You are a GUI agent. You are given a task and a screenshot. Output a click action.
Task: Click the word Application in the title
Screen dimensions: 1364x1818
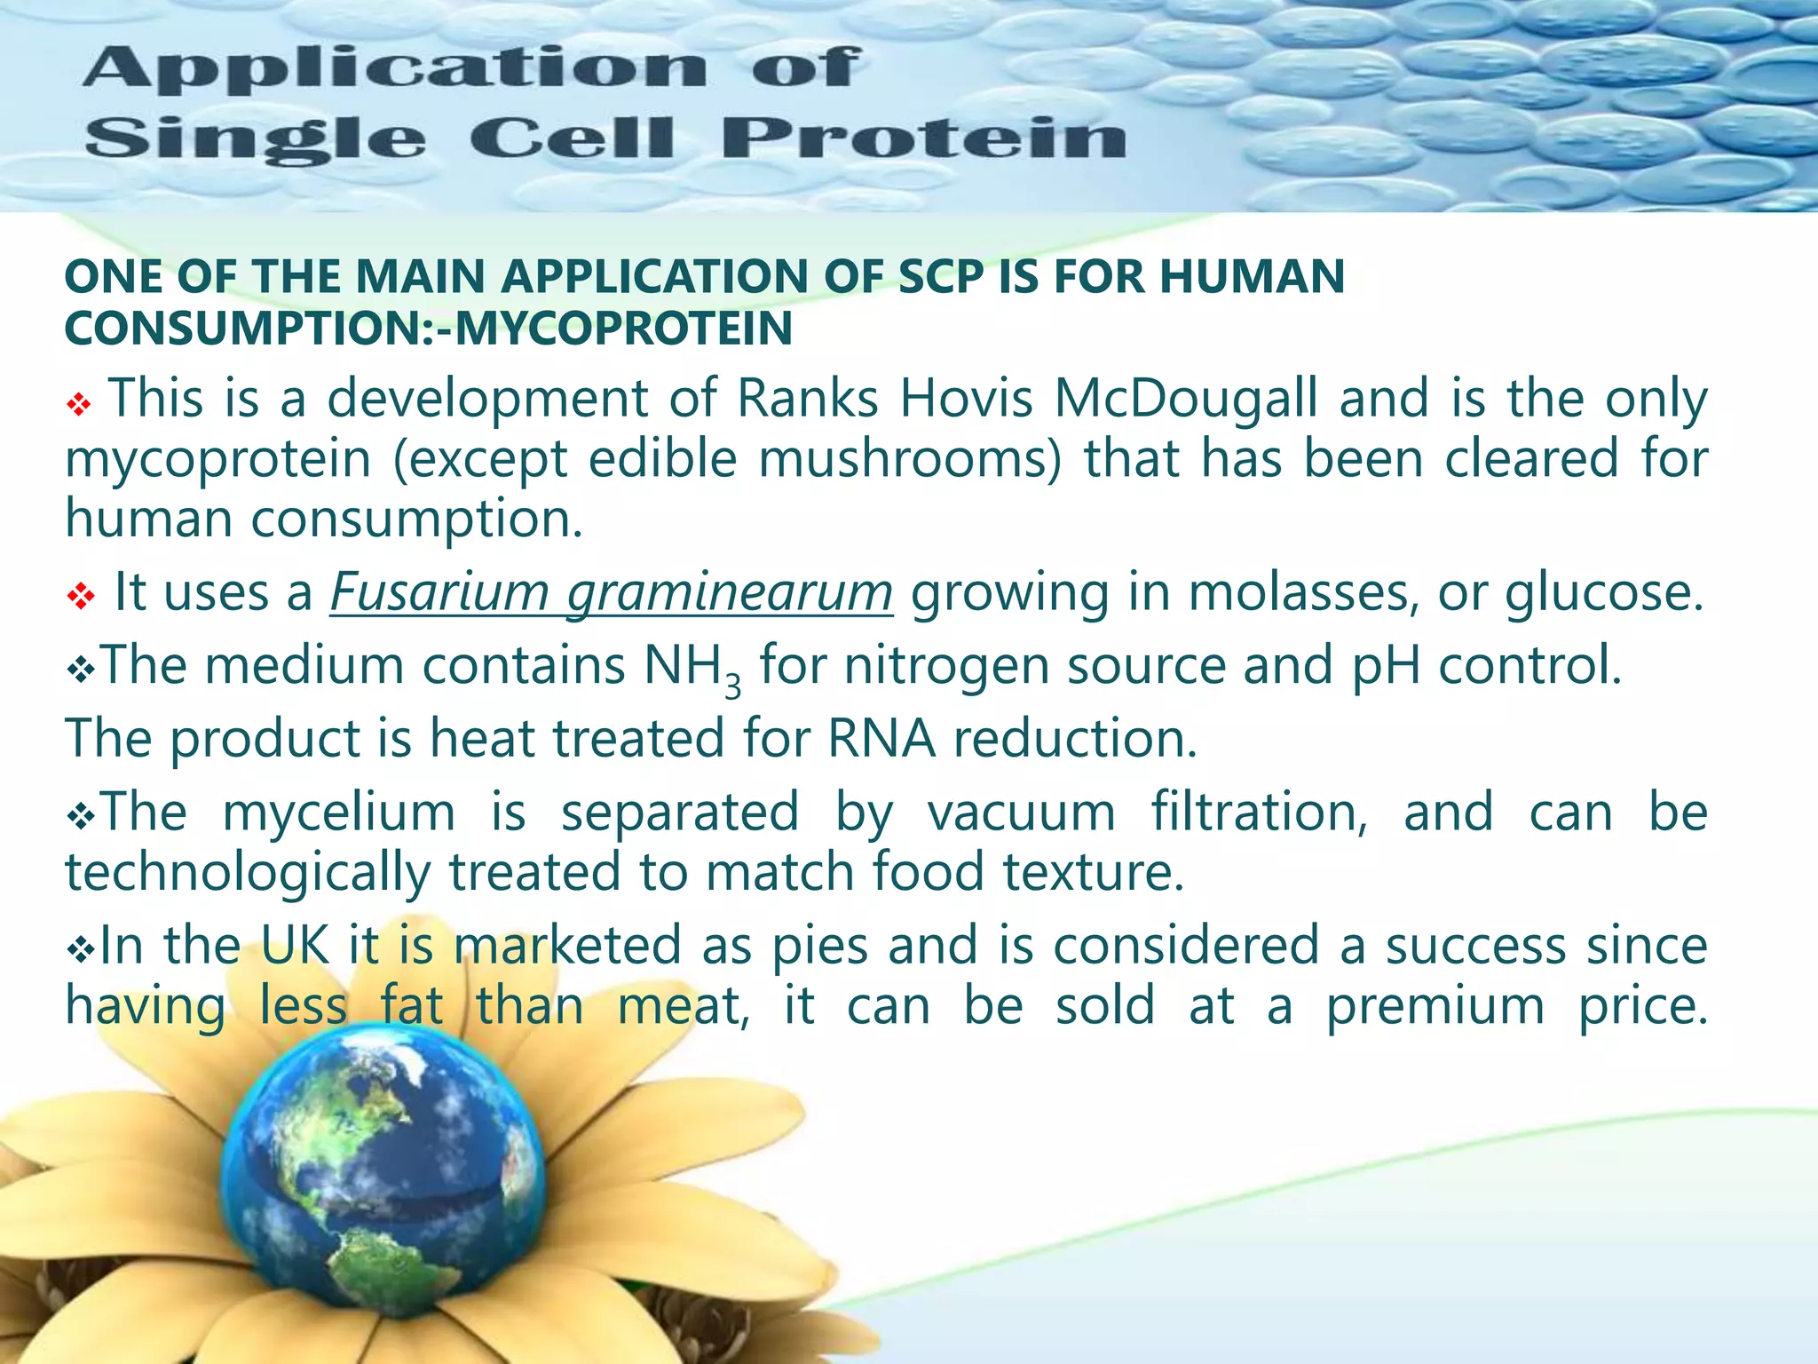[396, 69]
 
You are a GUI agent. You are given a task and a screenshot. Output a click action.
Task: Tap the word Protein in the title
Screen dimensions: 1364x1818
[923, 139]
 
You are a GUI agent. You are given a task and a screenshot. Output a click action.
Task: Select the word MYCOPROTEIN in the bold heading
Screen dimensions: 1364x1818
[624, 329]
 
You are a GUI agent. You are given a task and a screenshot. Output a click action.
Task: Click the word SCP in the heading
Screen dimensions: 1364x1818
[940, 276]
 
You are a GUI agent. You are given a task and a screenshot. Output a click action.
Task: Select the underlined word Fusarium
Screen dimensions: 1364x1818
[439, 592]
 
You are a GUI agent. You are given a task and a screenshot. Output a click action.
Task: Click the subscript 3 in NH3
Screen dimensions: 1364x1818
[732, 686]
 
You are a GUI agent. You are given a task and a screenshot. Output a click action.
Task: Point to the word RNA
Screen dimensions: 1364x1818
[881, 739]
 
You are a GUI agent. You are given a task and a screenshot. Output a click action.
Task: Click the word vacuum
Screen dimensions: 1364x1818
[1021, 813]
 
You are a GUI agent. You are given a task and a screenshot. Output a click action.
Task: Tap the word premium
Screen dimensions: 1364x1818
[1435, 1007]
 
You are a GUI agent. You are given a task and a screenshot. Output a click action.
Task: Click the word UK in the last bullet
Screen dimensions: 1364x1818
[295, 946]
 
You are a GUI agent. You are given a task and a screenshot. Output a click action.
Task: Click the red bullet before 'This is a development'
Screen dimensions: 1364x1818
[79, 406]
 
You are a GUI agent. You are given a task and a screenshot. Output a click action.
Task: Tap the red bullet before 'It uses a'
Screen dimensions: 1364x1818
[80, 596]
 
